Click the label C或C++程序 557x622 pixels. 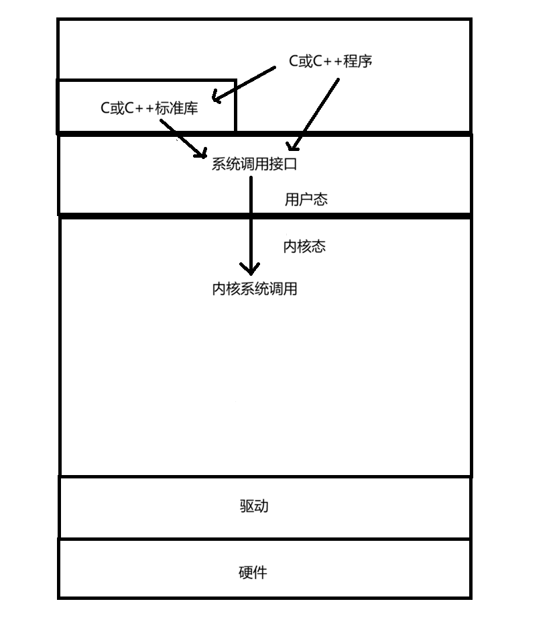[x=330, y=61]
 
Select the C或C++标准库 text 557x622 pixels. [x=149, y=108]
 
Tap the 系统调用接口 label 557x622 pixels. [x=254, y=164]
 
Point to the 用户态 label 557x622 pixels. [x=306, y=199]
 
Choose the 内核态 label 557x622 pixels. [x=304, y=246]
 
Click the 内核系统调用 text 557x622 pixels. [x=254, y=289]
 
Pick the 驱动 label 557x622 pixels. [x=254, y=506]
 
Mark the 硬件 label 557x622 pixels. [x=253, y=572]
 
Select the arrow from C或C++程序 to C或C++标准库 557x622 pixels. [x=245, y=84]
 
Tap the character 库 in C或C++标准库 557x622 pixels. [x=191, y=108]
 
